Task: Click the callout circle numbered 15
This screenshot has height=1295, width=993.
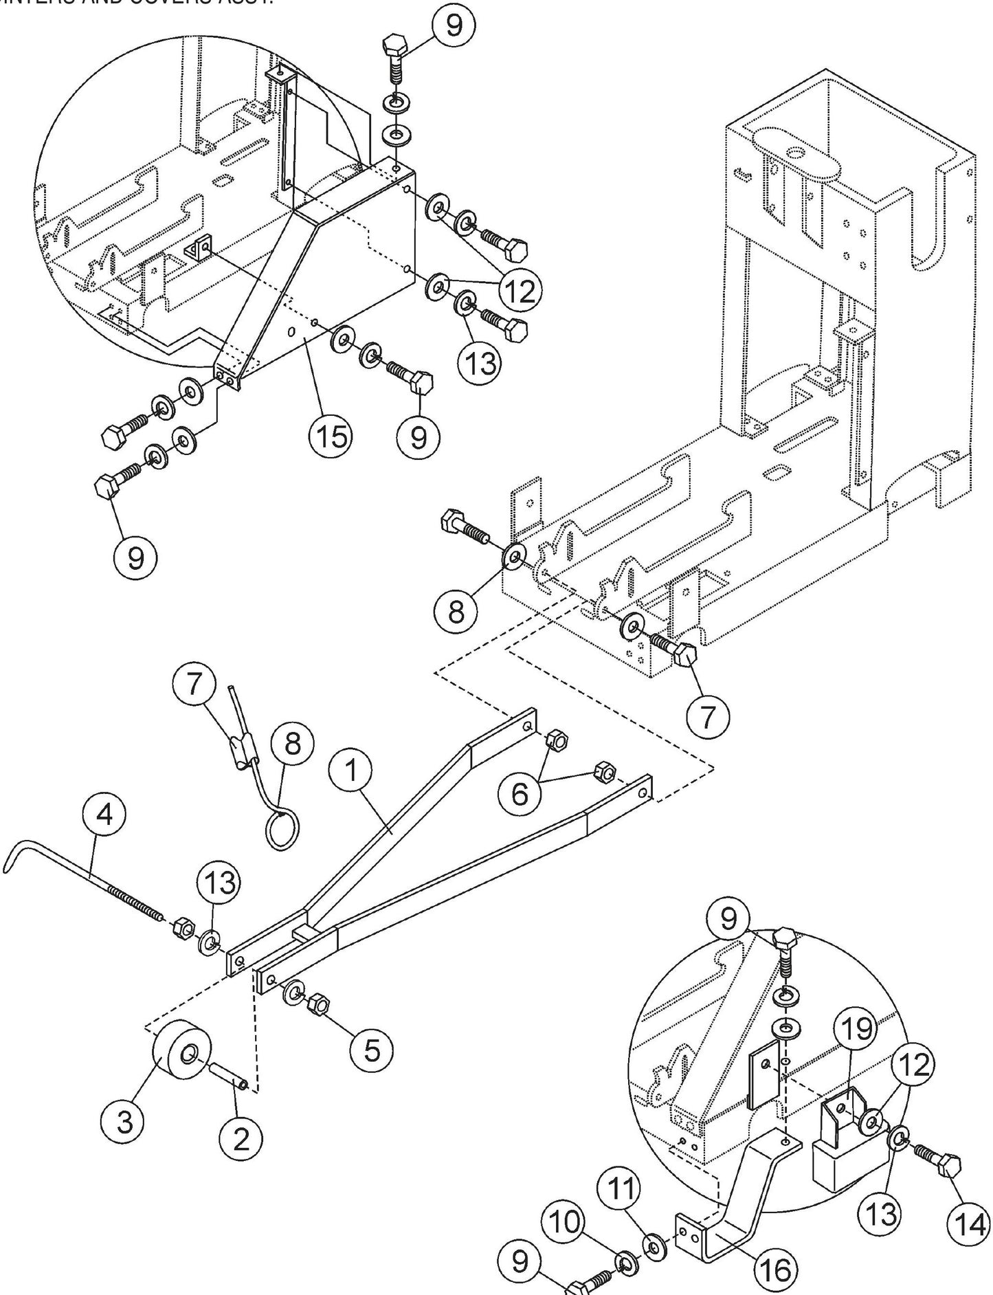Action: point(331,436)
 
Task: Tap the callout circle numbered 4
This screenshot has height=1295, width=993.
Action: point(104,815)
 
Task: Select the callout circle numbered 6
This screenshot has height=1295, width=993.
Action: point(520,793)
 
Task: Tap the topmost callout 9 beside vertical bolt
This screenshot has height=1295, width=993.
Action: point(453,26)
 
